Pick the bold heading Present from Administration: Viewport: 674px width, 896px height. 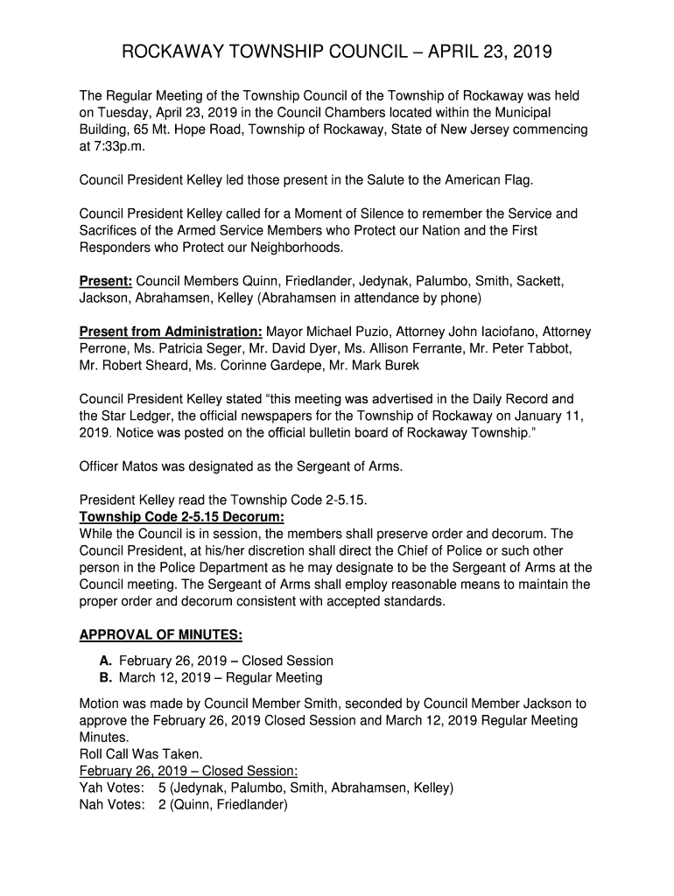(171, 332)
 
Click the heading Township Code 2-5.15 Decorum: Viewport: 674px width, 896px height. (170, 517)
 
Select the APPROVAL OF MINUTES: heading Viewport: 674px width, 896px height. (161, 634)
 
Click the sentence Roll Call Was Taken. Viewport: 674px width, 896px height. (141, 753)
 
